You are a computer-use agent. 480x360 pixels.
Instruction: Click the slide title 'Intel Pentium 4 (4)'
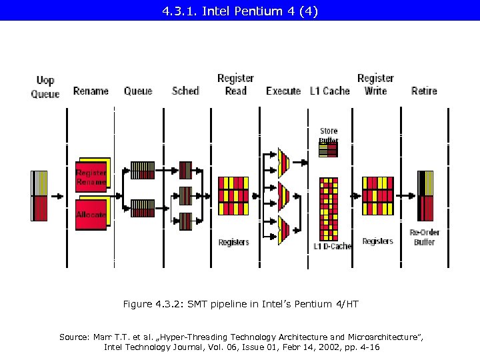(240, 11)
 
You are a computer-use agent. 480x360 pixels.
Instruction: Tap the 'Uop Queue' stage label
(45, 87)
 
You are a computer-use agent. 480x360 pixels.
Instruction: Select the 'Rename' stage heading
(91, 91)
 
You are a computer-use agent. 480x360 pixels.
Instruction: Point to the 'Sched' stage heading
(185, 91)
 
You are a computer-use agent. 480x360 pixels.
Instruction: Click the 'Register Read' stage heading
(235, 85)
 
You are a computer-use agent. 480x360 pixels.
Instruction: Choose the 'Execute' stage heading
(283, 91)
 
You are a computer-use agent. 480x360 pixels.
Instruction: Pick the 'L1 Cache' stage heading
(329, 91)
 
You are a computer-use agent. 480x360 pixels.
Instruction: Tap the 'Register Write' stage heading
(375, 85)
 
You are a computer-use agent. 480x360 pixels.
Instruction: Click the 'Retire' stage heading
(424, 91)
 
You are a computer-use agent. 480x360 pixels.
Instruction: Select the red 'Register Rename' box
(91, 177)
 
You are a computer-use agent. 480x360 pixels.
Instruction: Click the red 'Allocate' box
(91, 215)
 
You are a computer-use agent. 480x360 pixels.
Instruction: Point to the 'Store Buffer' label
(329, 135)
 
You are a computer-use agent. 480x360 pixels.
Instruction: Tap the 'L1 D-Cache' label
(332, 247)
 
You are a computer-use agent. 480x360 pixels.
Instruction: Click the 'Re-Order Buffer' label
(425, 237)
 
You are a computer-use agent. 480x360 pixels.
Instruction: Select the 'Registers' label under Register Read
(233, 242)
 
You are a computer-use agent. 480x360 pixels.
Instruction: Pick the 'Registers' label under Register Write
(377, 241)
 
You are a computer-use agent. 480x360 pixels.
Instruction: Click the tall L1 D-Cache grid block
(329, 208)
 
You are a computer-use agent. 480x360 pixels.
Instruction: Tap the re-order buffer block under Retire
(425, 196)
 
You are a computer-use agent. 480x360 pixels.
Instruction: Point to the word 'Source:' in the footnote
(75, 337)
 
